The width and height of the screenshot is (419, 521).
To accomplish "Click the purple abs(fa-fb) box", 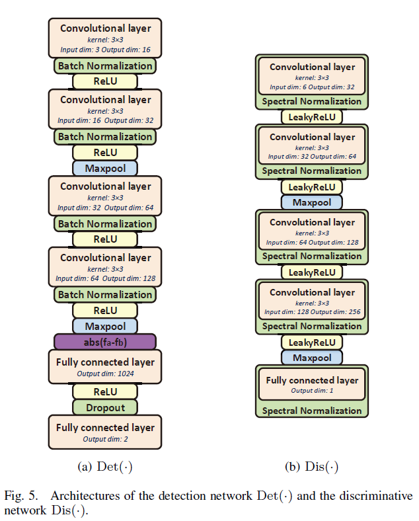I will (x=104, y=341).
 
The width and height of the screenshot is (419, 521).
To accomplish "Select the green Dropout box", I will (x=104, y=407).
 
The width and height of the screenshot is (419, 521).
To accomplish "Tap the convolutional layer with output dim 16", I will (x=104, y=38).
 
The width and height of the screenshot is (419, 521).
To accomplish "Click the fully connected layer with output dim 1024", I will (x=104, y=367).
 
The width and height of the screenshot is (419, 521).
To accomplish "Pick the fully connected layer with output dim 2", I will (x=104, y=432).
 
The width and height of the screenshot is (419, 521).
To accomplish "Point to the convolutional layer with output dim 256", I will (x=312, y=301).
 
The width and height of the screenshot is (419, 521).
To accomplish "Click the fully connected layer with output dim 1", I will (x=312, y=384).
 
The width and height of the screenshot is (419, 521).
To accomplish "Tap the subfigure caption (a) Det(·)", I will (x=104, y=467).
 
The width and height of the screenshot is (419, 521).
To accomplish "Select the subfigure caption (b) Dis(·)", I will (x=312, y=467).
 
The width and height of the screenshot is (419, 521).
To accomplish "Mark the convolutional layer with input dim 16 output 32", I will (x=104, y=109).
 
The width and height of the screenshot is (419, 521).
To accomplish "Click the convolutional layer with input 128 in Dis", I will (x=312, y=301).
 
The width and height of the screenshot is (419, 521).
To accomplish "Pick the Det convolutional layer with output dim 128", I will (x=104, y=267).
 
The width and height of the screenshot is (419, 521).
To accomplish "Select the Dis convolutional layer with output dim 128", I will (x=312, y=231).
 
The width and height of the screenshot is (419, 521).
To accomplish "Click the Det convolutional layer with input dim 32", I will (x=104, y=196).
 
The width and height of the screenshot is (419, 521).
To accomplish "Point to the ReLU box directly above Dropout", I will (x=104, y=391).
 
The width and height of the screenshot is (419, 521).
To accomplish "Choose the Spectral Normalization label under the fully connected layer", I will (x=312, y=411).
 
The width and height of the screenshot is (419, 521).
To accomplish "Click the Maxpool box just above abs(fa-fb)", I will (x=104, y=325).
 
